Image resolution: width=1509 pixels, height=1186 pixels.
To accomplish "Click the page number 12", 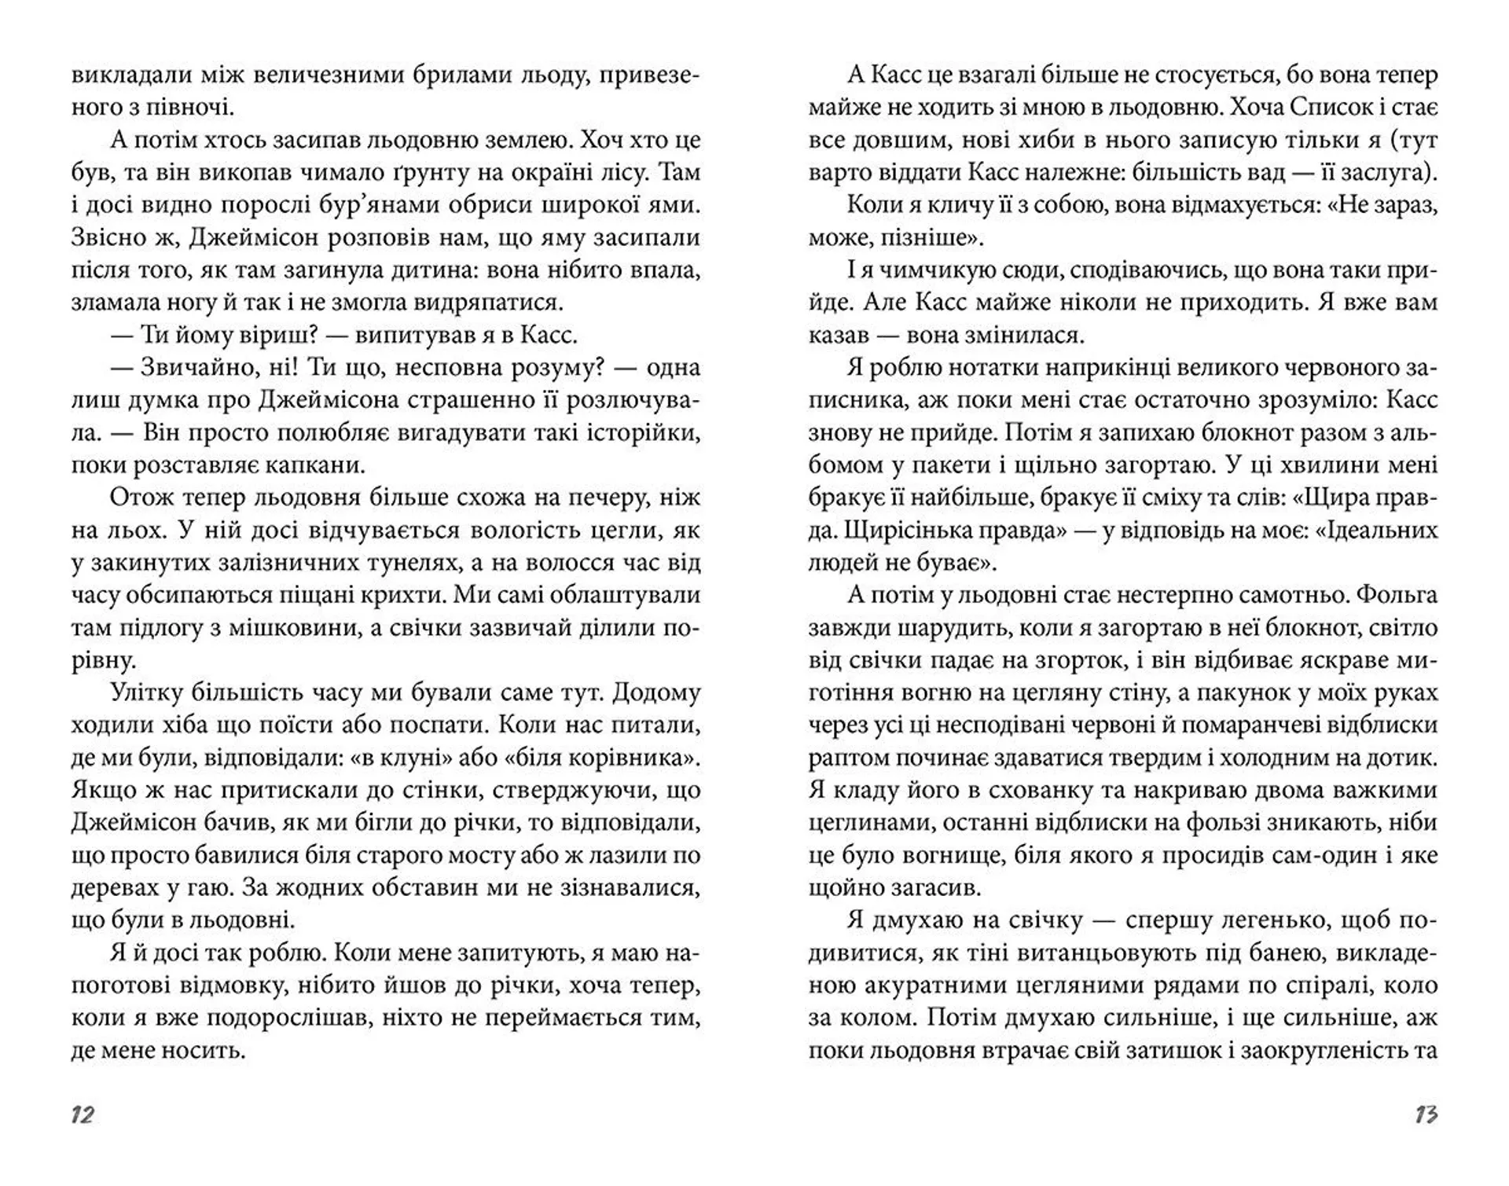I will click(x=83, y=1114).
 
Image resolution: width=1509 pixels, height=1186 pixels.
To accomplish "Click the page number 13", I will click(x=1426, y=1114).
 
